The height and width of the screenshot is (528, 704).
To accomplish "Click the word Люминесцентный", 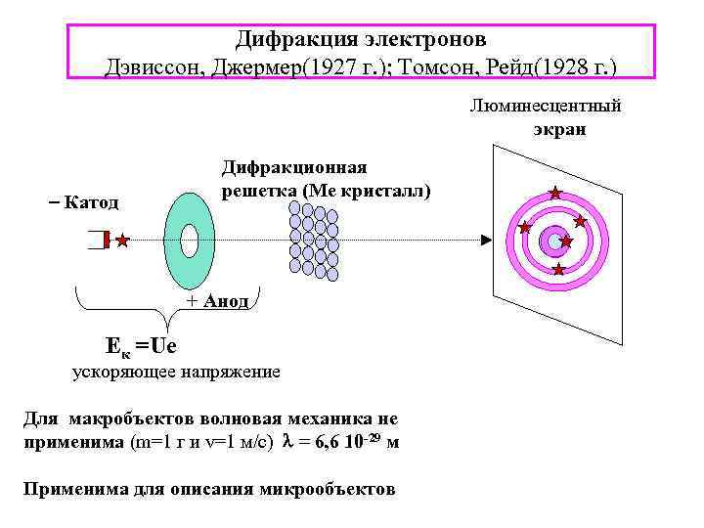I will coord(546,106).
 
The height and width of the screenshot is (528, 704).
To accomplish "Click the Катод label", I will coord(89,202).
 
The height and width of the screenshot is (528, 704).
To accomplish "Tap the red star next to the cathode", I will coord(122,240).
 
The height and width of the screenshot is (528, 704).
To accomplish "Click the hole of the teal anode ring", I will coord(190,240).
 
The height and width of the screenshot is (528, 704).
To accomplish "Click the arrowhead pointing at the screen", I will coord(486,240).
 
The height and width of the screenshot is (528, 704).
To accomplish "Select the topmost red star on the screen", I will coord(555,193).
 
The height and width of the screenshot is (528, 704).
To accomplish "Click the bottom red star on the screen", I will coord(558,269).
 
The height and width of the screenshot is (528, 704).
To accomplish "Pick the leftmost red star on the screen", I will coord(524,227).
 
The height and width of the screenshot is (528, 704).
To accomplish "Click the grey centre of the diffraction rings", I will coord(554,241).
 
